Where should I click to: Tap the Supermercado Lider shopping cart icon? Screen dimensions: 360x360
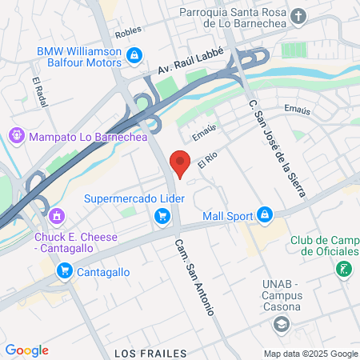(x=162, y=214)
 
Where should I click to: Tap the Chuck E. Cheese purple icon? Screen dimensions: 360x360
(x=56, y=215)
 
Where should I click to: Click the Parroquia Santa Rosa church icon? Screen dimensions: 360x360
(x=299, y=15)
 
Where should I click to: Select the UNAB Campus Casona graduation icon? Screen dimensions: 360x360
(x=281, y=323)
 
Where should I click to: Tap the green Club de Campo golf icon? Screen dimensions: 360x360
(x=344, y=269)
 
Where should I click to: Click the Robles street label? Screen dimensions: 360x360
(x=128, y=31)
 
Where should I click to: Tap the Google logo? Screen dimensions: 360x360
(x=26, y=350)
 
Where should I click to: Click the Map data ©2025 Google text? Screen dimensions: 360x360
(x=311, y=354)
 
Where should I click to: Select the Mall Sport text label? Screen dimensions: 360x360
(x=226, y=214)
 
